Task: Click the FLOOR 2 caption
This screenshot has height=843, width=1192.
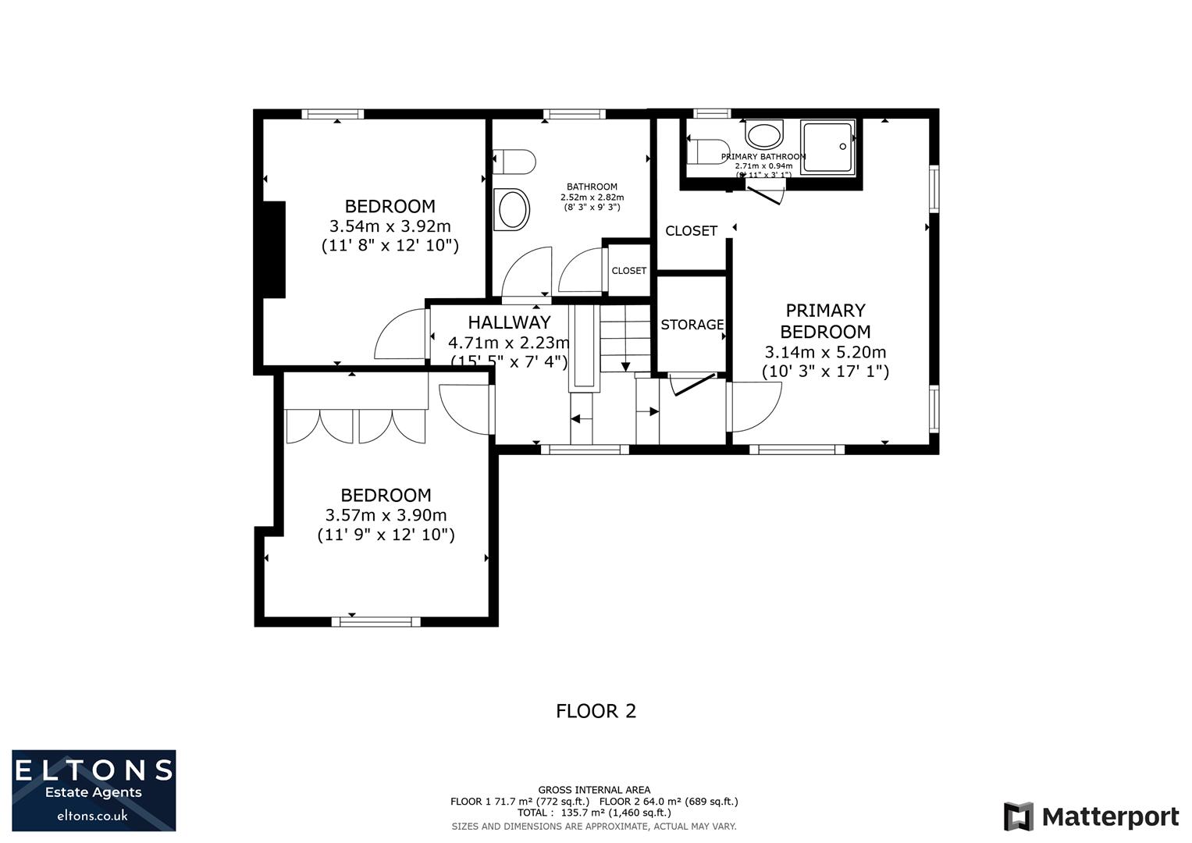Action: point(596,711)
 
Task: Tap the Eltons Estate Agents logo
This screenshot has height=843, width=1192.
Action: point(94,791)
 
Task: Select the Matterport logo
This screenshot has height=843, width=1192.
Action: point(1091,817)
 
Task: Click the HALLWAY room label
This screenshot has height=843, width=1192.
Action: point(509,322)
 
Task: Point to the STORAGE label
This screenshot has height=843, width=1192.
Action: point(692,325)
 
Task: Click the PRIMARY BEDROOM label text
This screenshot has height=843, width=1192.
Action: point(825,321)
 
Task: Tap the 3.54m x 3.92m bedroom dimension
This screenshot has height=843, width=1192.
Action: point(390,226)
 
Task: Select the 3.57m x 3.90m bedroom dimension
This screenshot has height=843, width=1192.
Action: point(386,515)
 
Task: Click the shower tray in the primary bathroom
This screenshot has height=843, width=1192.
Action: point(827,146)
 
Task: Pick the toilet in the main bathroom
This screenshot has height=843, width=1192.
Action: point(514,162)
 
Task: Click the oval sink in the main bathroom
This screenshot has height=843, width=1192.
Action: point(513,210)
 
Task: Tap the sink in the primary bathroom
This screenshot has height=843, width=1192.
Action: point(763,134)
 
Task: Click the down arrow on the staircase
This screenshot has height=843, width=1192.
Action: point(626,365)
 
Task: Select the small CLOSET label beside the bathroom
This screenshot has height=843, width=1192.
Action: point(628,271)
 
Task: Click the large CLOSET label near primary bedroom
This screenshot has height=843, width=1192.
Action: point(691,231)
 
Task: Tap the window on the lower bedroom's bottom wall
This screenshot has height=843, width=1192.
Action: point(375,621)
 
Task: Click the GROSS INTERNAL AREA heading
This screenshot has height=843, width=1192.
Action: point(594,790)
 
